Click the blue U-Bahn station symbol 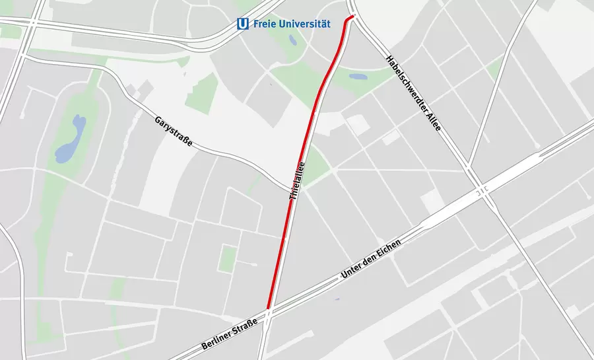pyautogui.click(x=243, y=24)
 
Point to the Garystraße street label pyautogui.click(x=173, y=131)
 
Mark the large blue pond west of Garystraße pyautogui.click(x=69, y=141)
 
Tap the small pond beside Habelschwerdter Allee pyautogui.click(x=358, y=77)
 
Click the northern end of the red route pyautogui.click(x=354, y=15)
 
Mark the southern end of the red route pyautogui.click(x=269, y=308)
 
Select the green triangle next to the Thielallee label pyautogui.click(x=315, y=166)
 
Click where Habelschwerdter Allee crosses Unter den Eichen pyautogui.click(x=484, y=191)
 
